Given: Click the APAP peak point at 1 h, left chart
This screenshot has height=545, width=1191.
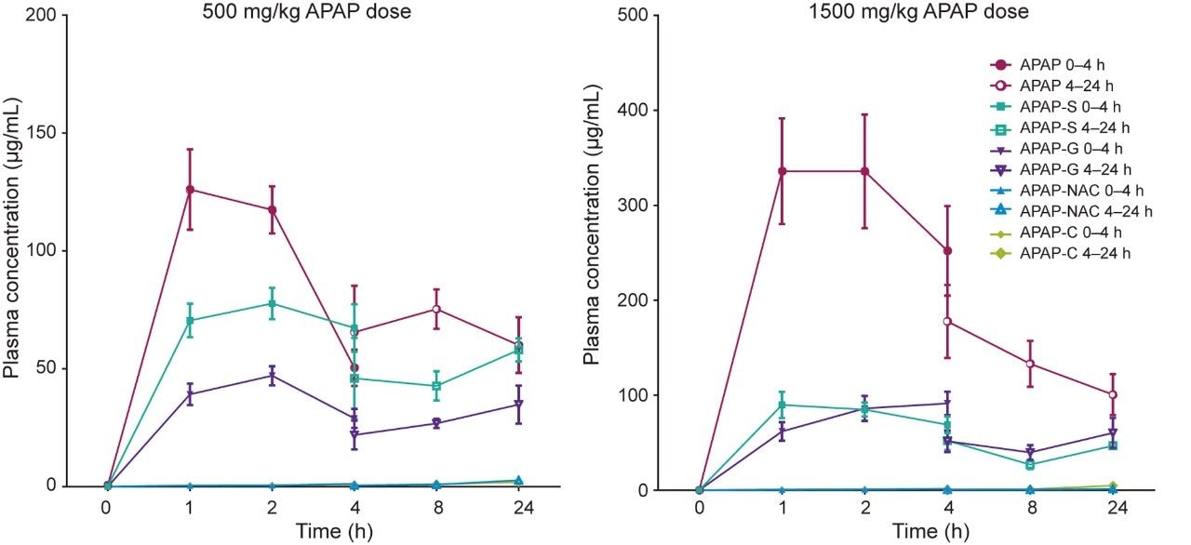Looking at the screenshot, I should coord(190,190).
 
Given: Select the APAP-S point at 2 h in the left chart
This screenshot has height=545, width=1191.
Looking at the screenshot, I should coord(273,304).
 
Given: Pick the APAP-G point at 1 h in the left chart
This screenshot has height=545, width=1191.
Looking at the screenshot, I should coord(190,394).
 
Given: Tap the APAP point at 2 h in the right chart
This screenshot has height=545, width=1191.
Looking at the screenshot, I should coord(865,171).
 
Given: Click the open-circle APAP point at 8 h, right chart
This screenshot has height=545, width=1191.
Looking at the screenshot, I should coord(1030,364).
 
